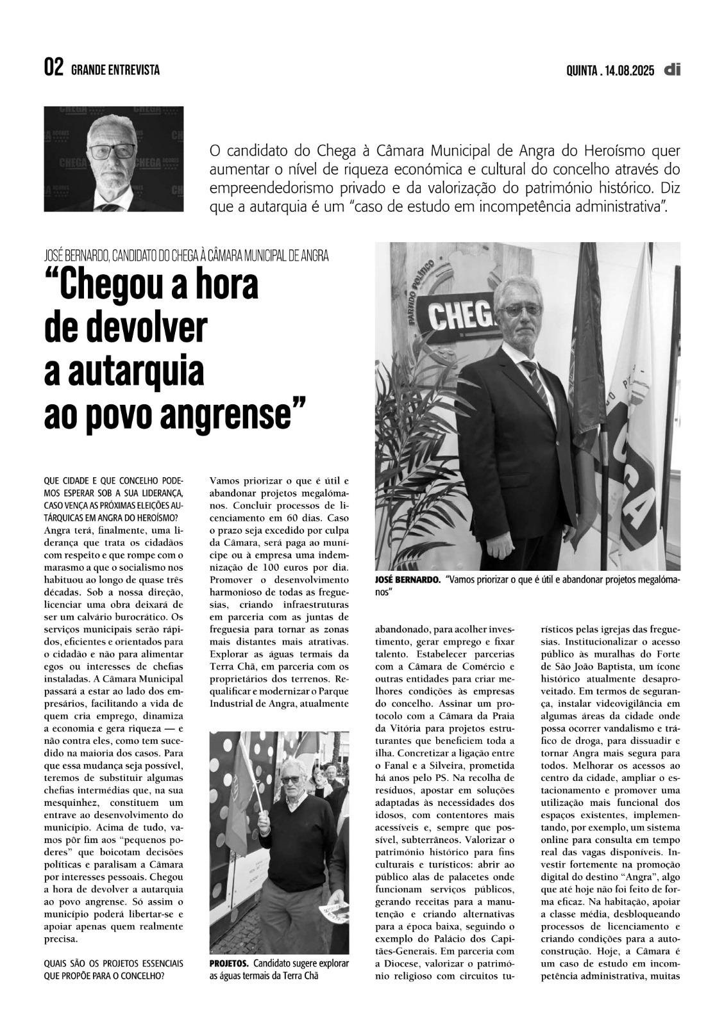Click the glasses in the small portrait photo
(112, 152)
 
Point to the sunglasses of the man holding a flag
(290, 780)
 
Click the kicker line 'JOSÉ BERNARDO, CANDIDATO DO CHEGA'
(186, 256)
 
